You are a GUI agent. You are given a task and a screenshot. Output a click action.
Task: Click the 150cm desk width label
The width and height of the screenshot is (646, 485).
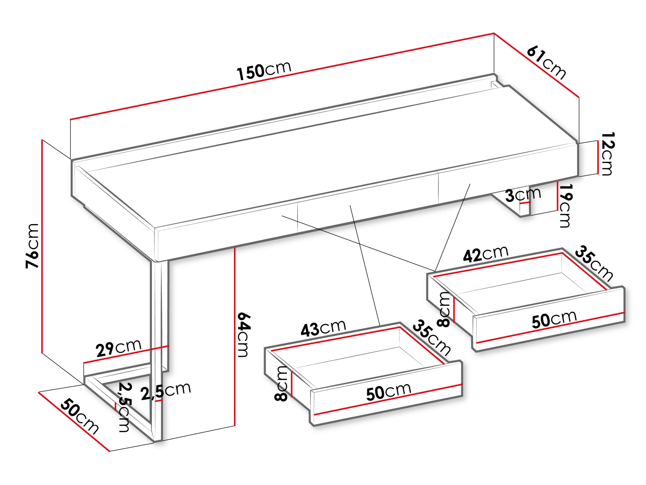264,71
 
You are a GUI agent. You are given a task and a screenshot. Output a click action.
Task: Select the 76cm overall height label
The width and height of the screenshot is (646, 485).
32,246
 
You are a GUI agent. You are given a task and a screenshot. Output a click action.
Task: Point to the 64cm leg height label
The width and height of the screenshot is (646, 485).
243,335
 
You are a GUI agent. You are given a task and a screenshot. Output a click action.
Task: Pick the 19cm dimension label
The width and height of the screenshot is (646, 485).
565,206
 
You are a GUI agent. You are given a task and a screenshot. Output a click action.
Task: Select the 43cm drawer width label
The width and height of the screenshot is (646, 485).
323,328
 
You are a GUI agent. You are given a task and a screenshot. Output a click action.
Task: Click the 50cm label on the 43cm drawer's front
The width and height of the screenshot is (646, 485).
389,391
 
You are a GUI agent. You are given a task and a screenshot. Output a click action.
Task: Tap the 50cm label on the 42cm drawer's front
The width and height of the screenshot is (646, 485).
554,320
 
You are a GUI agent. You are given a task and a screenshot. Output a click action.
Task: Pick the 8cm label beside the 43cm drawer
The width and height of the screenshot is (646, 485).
281,384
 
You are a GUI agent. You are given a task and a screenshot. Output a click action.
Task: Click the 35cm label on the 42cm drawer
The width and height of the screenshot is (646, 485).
595,264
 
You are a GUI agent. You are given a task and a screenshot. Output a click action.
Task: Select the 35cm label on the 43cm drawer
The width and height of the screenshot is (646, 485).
432,338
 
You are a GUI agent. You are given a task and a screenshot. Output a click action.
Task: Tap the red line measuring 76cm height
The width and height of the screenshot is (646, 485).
42,246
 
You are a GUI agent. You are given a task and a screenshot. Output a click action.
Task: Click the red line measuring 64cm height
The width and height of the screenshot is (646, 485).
235,337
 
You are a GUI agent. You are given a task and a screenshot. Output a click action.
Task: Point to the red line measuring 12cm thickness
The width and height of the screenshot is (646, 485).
598,157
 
